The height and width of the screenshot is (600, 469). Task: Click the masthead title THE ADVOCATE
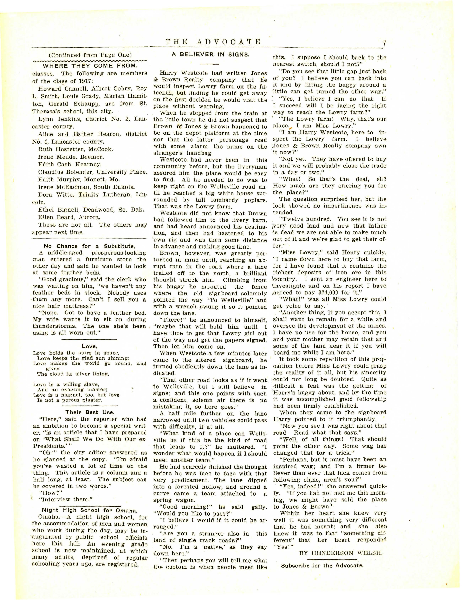[213, 42]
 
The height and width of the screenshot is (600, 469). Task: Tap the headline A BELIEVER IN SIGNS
[211, 54]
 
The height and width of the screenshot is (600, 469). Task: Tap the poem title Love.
[90, 347]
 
